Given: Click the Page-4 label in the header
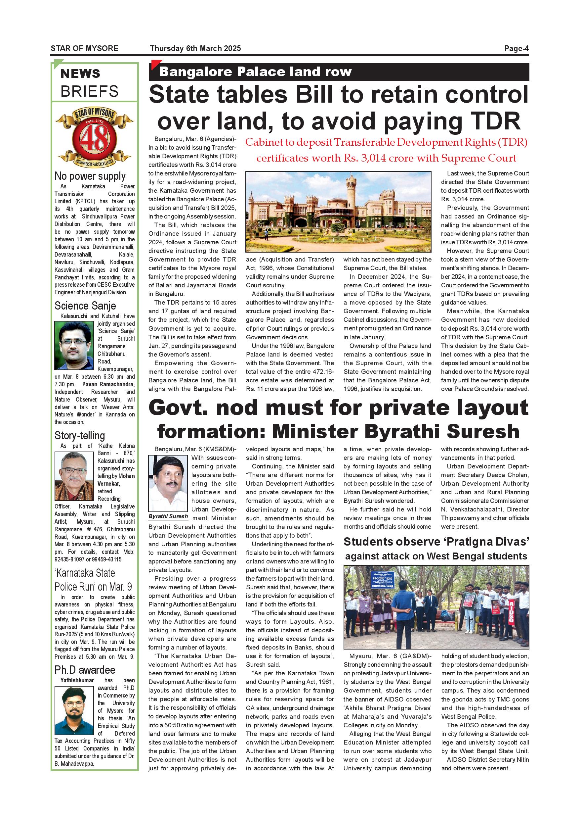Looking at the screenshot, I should click(x=516, y=48).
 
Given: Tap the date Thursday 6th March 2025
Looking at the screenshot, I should click(x=195, y=48).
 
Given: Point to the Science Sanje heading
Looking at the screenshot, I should click(x=85, y=306).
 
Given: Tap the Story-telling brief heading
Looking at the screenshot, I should click(x=80, y=436).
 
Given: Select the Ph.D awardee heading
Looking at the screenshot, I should click(x=85, y=670).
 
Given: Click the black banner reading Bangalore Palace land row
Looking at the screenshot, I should click(x=338, y=72).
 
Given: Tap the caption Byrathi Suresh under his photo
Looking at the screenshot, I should click(x=168, y=516).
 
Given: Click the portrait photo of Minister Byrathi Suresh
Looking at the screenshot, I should click(x=168, y=484).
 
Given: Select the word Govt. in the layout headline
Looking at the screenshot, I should click(x=178, y=408).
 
